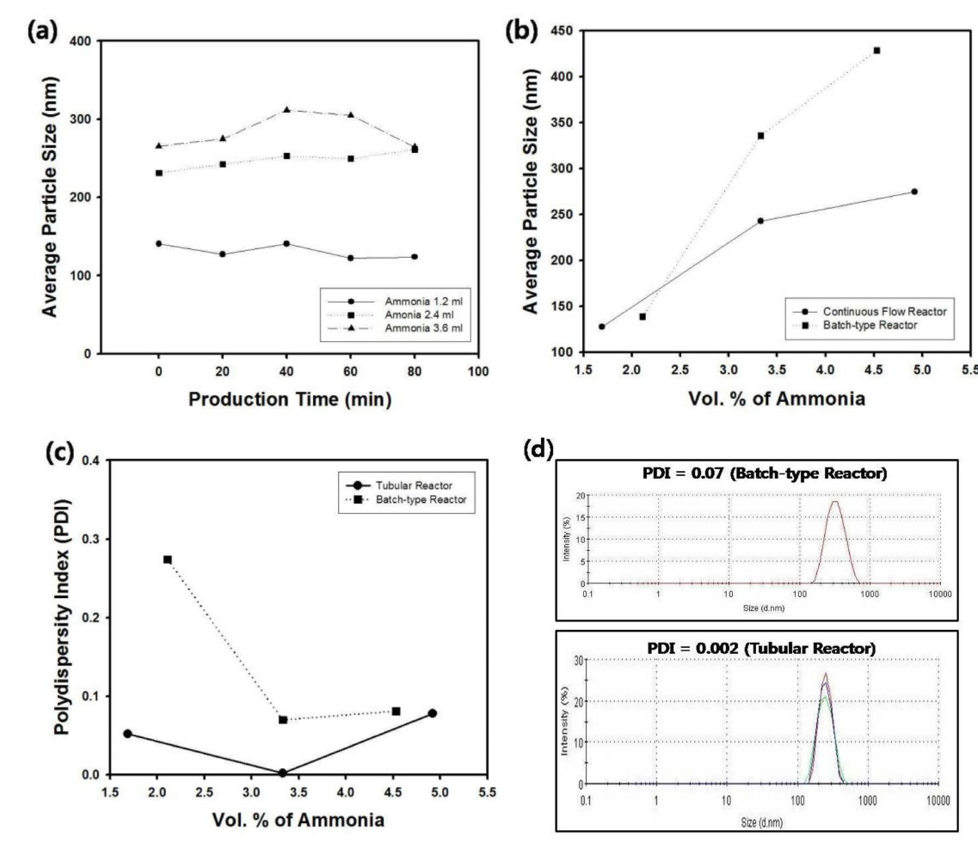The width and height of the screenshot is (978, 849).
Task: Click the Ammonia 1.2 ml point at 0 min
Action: tap(158, 243)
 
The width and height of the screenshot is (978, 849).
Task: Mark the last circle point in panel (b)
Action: tap(914, 192)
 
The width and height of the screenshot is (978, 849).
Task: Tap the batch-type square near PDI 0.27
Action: tap(168, 559)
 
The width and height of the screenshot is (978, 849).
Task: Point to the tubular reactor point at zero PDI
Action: tap(282, 773)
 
